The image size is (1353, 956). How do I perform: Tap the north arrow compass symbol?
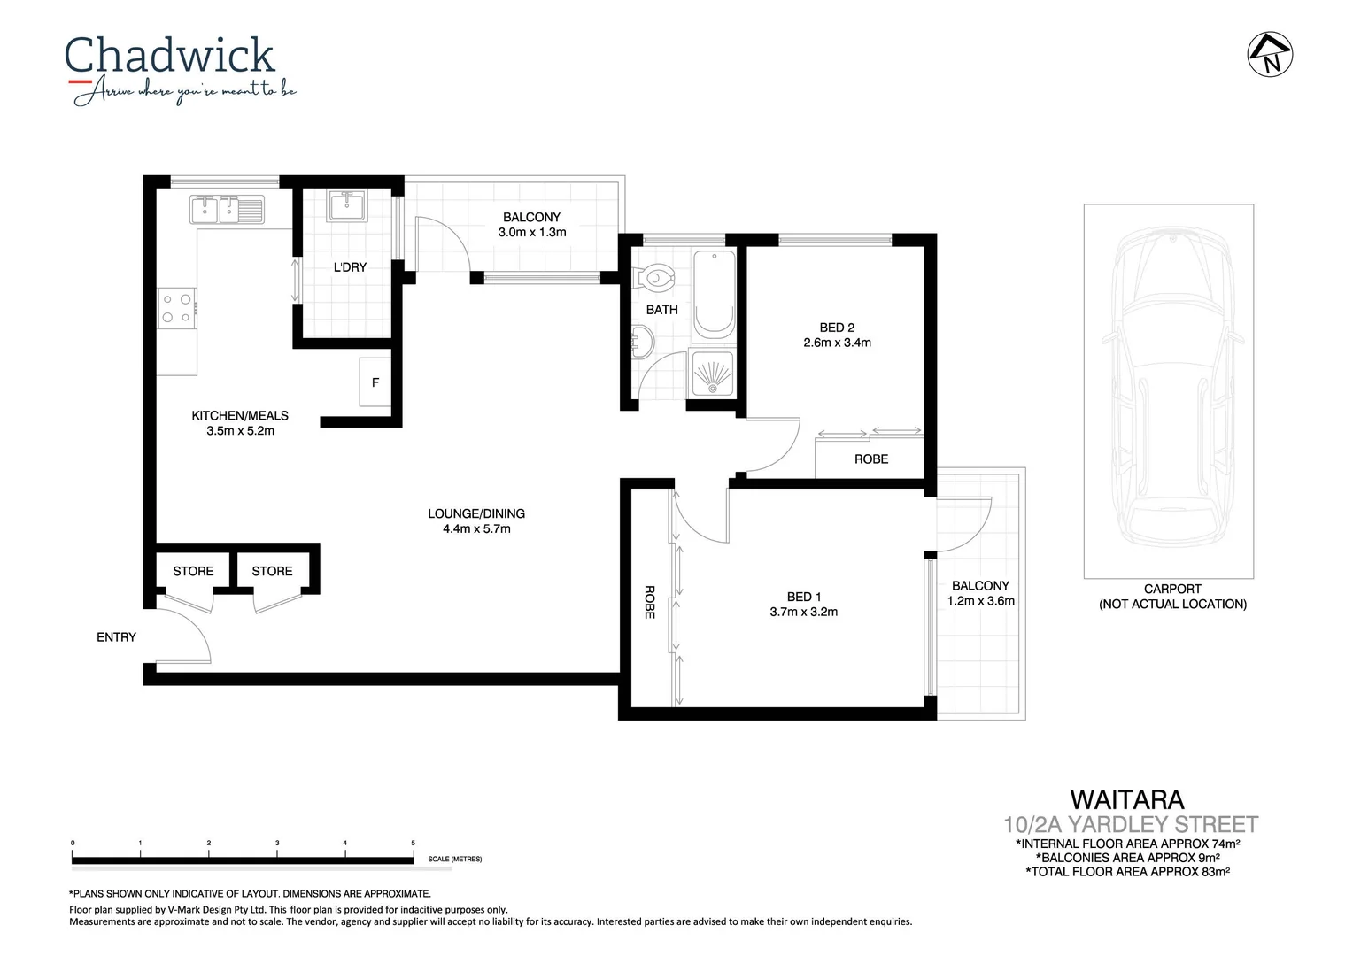tap(1271, 54)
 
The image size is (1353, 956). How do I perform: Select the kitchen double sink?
tap(227, 210)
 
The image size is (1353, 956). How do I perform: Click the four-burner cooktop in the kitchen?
tap(176, 308)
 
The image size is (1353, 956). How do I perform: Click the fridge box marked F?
tap(375, 382)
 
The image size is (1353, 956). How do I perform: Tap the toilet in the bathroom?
tap(656, 278)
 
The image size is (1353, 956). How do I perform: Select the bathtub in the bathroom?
tap(714, 293)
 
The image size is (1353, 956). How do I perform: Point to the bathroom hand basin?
tap(642, 343)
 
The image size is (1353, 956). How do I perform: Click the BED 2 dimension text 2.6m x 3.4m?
tap(837, 343)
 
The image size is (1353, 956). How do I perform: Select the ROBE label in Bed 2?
tap(871, 459)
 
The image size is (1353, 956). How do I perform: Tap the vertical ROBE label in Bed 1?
tap(649, 602)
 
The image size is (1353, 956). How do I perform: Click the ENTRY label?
tap(116, 636)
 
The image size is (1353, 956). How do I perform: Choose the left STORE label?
tap(193, 571)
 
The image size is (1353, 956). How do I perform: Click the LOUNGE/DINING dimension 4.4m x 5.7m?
tap(476, 528)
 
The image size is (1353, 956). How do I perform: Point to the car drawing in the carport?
tap(1172, 389)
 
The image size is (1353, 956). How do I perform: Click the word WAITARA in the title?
tap(1126, 799)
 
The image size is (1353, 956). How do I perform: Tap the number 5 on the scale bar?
tap(413, 843)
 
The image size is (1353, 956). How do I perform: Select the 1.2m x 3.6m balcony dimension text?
tap(980, 600)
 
